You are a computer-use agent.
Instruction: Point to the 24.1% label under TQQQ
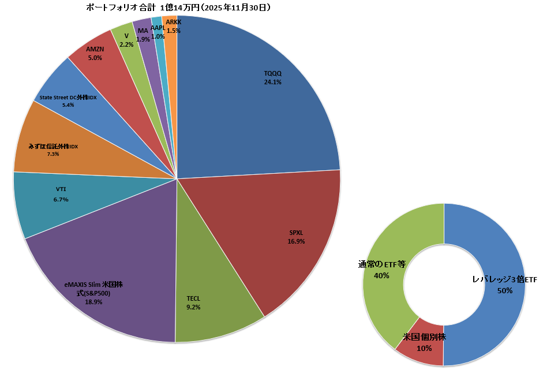click(272, 83)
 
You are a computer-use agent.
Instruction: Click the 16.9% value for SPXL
click(296, 241)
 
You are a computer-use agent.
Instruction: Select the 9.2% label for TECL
click(193, 307)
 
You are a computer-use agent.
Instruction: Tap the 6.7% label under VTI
click(61, 200)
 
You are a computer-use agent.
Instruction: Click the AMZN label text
click(95, 50)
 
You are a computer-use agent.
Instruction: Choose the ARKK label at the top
click(173, 22)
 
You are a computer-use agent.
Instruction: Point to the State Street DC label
click(68, 98)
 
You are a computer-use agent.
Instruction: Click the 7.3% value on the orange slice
click(53, 154)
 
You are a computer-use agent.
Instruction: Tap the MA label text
click(143, 31)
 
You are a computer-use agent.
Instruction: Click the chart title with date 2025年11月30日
click(178, 8)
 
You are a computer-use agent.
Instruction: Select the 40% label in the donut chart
click(381, 276)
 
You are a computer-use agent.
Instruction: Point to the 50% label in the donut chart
click(505, 291)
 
